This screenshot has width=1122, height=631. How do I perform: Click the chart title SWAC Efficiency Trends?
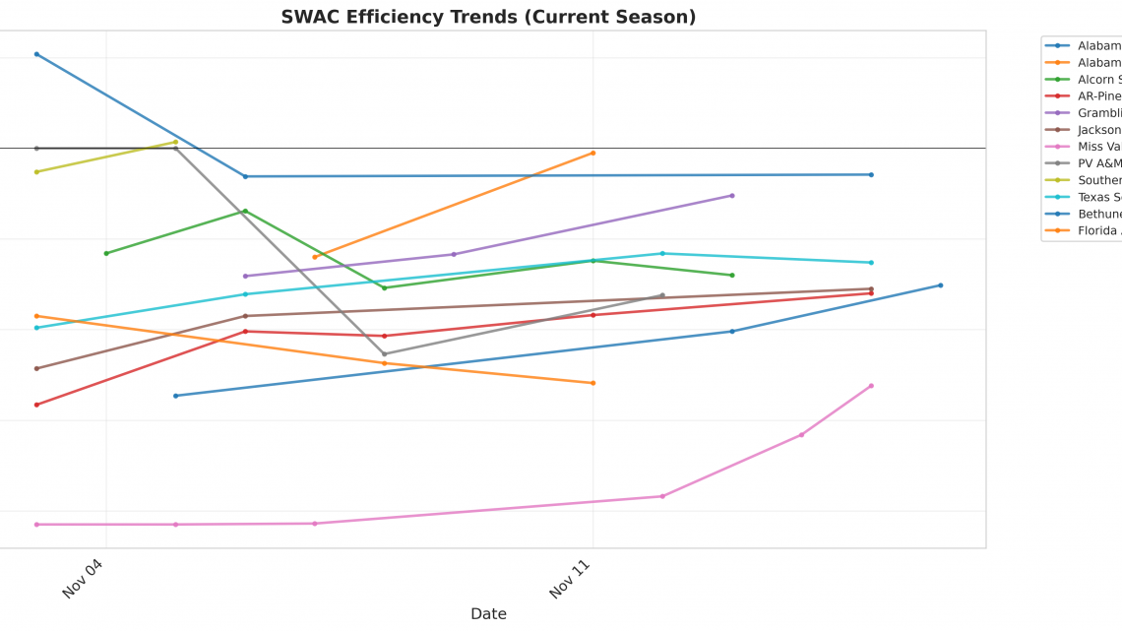(488, 17)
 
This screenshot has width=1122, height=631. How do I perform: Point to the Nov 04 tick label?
(83, 578)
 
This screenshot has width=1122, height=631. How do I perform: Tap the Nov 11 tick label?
(570, 578)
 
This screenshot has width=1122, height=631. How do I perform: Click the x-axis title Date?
(488, 613)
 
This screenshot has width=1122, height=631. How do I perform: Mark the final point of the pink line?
(871, 386)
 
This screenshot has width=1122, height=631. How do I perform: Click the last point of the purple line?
(732, 195)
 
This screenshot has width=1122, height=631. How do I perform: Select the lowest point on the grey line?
(384, 353)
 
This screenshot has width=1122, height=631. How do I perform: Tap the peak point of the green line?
(245, 211)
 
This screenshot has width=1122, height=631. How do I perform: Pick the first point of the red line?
(36, 405)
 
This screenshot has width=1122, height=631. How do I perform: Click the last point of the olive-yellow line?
(175, 142)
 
